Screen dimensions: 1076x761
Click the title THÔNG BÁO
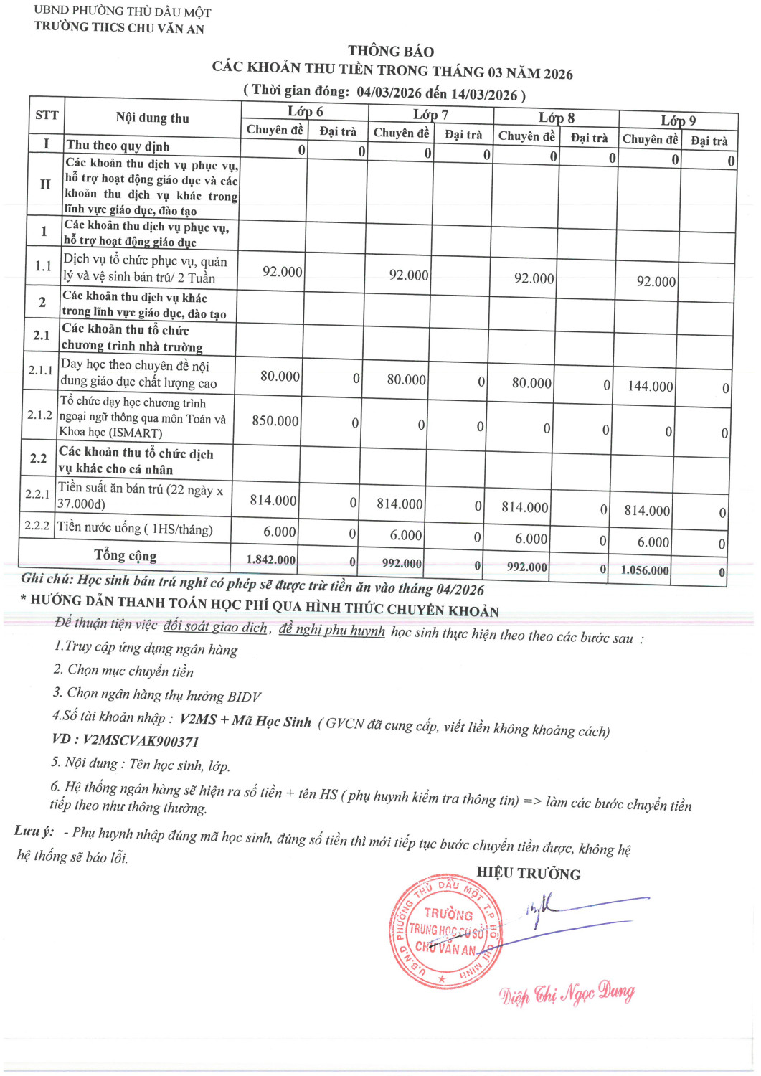391,51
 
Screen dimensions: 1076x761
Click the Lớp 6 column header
305,111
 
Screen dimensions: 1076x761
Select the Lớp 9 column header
678,121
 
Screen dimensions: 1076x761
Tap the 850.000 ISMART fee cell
275,420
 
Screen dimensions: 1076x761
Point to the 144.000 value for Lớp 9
651,386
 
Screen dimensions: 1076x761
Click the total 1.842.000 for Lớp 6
271,560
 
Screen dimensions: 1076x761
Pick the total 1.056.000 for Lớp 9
645,570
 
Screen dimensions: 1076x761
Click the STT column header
47,115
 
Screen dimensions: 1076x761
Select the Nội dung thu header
153,118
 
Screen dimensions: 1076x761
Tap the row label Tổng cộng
125,555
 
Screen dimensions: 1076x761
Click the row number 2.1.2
39,415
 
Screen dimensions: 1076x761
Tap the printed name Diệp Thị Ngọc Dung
567,994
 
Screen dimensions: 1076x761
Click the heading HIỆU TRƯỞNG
529,874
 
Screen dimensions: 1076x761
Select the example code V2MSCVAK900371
141,741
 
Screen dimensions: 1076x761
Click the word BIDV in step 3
244,697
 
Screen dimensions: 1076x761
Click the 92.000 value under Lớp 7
409,275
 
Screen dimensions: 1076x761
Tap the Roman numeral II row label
45,184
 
